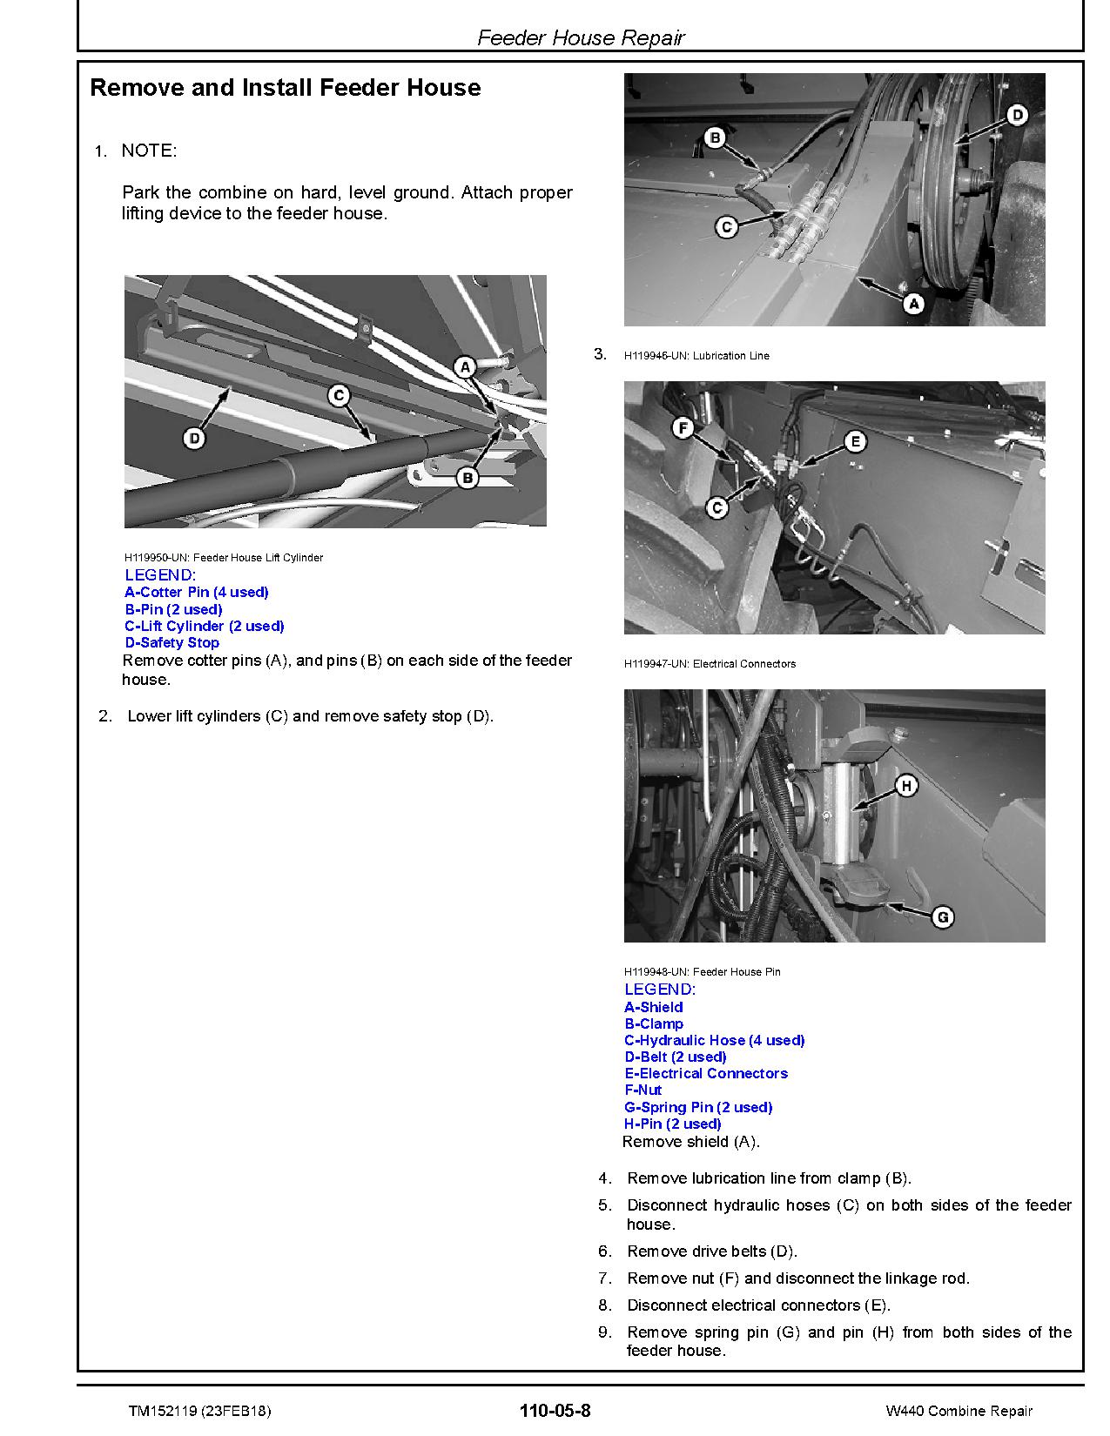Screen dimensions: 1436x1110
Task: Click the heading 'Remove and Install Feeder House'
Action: click(x=285, y=88)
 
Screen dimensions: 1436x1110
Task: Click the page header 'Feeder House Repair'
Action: click(x=581, y=38)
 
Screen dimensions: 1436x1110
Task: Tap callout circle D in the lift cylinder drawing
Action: click(x=194, y=438)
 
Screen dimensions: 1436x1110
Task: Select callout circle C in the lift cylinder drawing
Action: click(x=339, y=396)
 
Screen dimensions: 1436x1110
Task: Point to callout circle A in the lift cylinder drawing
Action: click(x=465, y=367)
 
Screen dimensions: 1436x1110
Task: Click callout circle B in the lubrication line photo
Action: click(x=714, y=138)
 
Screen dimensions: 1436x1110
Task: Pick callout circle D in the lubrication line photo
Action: click(x=1016, y=115)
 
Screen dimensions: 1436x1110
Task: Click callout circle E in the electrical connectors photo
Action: click(x=855, y=442)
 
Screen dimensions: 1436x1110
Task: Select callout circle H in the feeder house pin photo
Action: click(x=906, y=787)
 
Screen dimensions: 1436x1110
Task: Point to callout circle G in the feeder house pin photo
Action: click(x=942, y=916)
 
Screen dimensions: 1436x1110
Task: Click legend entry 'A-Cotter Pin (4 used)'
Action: click(x=197, y=593)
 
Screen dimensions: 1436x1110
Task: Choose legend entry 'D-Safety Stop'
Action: click(x=172, y=643)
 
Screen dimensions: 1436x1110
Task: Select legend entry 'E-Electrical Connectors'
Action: click(x=706, y=1074)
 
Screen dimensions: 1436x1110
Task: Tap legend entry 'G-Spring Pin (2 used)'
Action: click(x=698, y=1108)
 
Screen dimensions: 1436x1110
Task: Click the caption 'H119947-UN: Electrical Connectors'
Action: click(x=710, y=664)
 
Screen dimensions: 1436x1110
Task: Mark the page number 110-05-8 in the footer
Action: click(x=555, y=1411)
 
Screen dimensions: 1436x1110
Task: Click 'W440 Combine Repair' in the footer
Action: click(x=959, y=1412)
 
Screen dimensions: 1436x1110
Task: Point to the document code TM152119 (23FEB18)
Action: click(x=205, y=1412)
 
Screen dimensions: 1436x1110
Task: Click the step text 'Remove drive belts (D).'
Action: click(x=711, y=1251)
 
